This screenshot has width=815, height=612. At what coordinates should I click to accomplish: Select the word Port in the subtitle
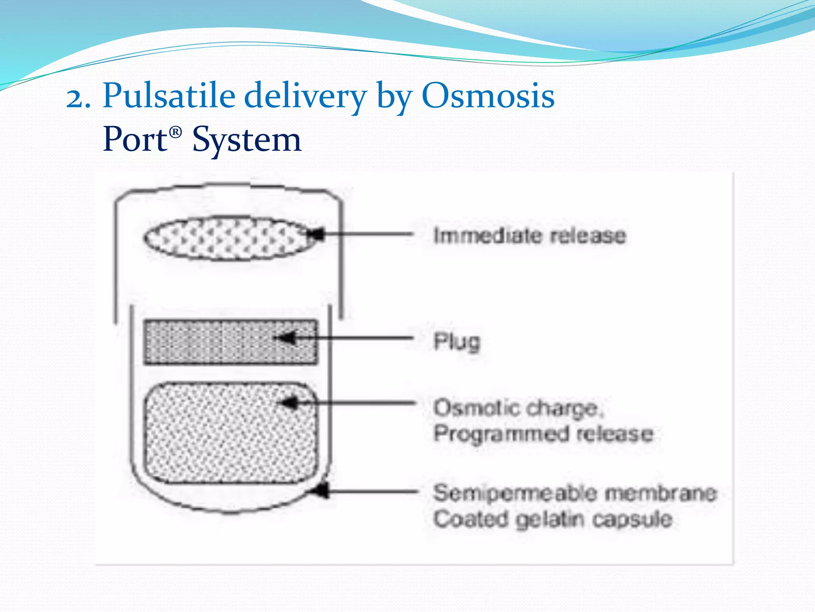coord(135,139)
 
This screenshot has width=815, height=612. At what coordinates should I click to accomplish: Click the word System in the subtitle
coord(247,139)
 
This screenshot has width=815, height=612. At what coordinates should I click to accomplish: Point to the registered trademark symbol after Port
coord(175,131)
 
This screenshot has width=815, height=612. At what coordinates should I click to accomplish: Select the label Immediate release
coord(529,235)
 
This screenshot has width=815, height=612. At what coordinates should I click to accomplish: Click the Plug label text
coord(457,342)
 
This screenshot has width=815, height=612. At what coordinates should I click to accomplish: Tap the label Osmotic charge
coord(517,408)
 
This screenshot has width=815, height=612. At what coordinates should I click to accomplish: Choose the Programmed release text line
coord(543,433)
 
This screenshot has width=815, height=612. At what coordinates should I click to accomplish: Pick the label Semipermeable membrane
coord(575,493)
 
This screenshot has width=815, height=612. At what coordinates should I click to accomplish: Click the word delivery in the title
coord(304,96)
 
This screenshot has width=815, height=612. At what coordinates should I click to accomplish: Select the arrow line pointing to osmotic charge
coord(358,404)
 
